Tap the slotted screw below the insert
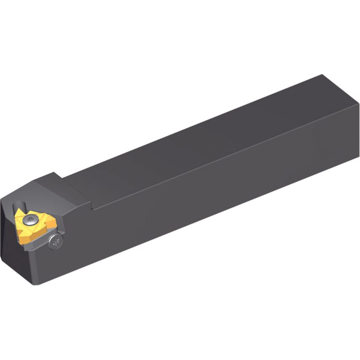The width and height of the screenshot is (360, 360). [x=56, y=241]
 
